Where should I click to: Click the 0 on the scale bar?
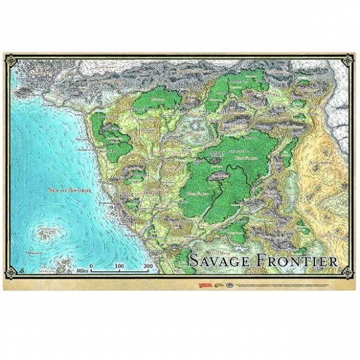pyautogui.click(x=91, y=266)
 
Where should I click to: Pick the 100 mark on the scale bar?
pyautogui.click(x=119, y=266)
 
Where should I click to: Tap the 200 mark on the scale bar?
pyautogui.click(x=147, y=266)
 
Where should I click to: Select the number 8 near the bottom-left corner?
pyautogui.click(x=22, y=272)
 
